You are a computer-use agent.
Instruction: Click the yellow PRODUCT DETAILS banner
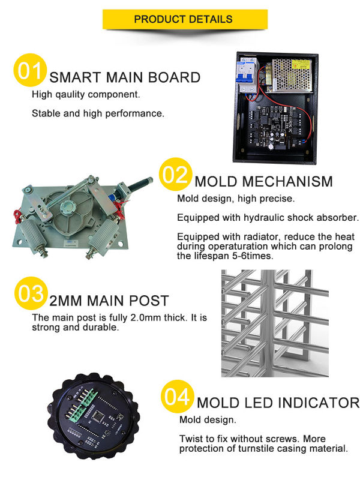pos(183,19)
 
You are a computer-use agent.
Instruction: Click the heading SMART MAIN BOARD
pos(125,77)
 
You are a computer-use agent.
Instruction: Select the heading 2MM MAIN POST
pos(109,301)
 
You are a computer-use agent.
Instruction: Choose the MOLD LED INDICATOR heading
pos(278,403)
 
